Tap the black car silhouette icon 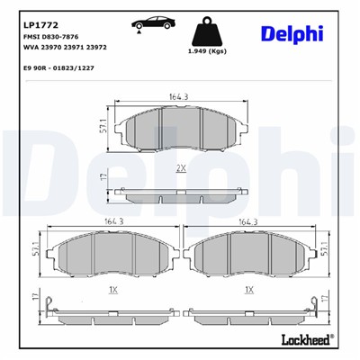150,21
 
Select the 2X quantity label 181,167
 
